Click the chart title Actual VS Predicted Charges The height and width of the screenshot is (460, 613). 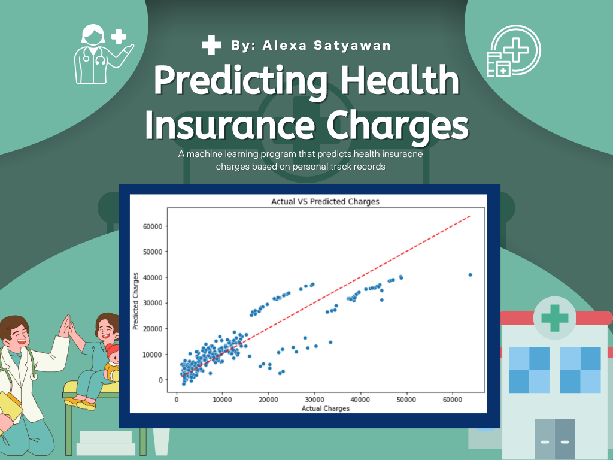click(325, 201)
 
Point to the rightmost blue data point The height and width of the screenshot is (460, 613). click(471, 274)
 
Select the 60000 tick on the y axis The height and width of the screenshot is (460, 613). click(153, 226)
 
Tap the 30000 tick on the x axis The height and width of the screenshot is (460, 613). click(314, 400)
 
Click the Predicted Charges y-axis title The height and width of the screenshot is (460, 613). click(136, 301)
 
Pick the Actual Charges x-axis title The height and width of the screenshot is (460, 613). click(325, 408)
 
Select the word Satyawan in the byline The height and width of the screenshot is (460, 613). click(352, 46)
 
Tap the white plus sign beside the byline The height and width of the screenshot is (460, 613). click(211, 44)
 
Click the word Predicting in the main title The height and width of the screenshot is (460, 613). click(241, 81)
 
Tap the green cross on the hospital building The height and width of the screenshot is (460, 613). click(554, 317)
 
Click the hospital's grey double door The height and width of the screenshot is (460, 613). click(555, 438)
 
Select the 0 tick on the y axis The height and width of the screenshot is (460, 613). click(160, 380)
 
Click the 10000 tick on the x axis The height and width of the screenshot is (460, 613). click(222, 400)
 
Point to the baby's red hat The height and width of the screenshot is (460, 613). click(112, 349)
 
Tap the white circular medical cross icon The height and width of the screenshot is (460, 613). click(514, 51)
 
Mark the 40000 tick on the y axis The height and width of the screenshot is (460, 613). click(153, 277)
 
